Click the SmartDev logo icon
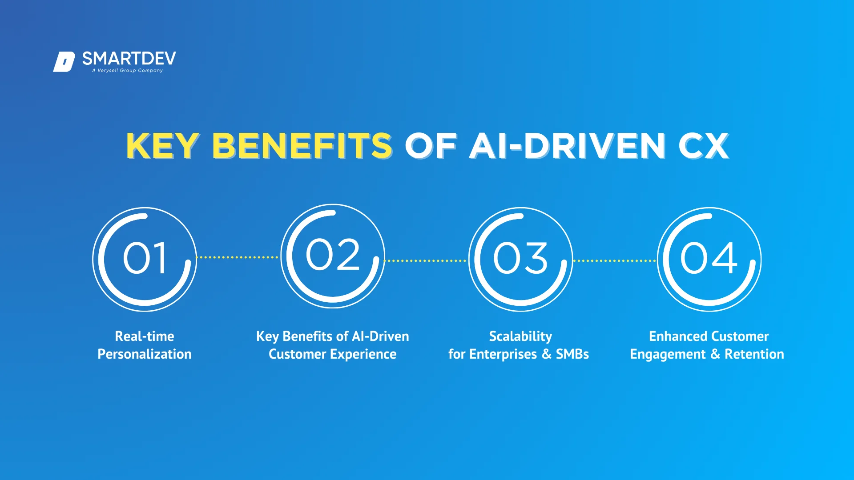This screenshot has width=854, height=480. (64, 62)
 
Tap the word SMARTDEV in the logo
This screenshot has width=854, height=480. (129, 59)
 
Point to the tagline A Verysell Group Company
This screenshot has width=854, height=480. (128, 70)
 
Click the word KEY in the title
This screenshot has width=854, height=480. (162, 146)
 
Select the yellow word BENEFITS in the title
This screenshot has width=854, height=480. (302, 146)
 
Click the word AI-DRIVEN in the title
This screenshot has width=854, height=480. (568, 146)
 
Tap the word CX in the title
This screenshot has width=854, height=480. (704, 146)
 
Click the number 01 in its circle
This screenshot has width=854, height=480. (145, 258)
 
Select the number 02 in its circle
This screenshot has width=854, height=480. (333, 255)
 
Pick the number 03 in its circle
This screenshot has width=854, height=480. (520, 258)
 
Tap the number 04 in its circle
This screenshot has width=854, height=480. (709, 258)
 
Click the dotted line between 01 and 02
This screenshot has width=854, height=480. (238, 257)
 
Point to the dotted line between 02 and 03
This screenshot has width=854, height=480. (426, 261)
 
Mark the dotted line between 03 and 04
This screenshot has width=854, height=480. (614, 261)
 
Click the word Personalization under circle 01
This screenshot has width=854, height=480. (145, 354)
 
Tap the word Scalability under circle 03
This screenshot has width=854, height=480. (520, 337)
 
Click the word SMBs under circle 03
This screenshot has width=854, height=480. (572, 354)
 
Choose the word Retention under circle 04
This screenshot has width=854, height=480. (754, 354)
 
